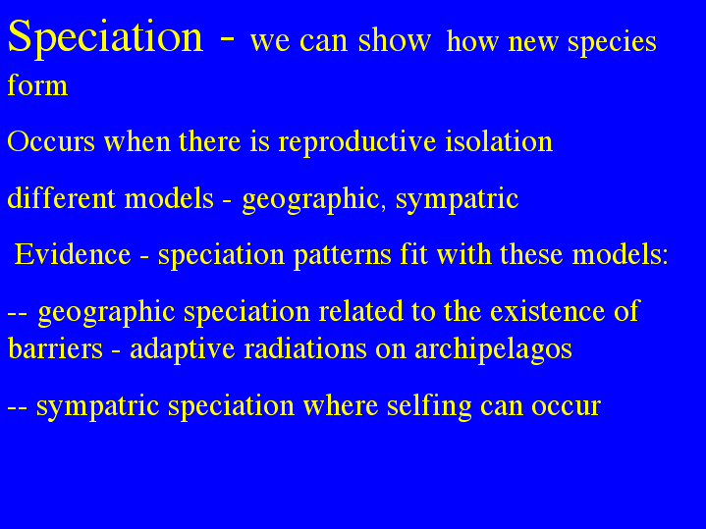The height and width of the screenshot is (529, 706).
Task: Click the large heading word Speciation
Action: [x=105, y=38]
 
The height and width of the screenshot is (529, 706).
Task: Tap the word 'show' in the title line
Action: [x=395, y=40]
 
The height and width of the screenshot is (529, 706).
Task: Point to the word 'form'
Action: [x=37, y=84]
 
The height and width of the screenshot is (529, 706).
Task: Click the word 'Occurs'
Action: [x=51, y=141]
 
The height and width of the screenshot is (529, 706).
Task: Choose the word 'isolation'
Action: [x=499, y=140]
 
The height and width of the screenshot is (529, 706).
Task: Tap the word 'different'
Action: [x=61, y=197]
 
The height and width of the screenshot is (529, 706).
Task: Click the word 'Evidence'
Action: [x=73, y=253]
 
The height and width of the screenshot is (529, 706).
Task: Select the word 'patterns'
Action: [x=342, y=256]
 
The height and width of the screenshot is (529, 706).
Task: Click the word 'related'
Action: [x=360, y=310]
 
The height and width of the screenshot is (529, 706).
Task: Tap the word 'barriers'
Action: [x=55, y=348]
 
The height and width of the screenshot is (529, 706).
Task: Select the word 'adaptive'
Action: [x=183, y=349]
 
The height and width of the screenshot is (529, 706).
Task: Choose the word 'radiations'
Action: [x=305, y=348]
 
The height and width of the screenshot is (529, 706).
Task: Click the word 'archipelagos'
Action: [x=493, y=349]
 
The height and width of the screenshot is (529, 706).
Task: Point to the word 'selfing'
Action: [x=429, y=406]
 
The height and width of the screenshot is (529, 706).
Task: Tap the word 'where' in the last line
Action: [x=341, y=404]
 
